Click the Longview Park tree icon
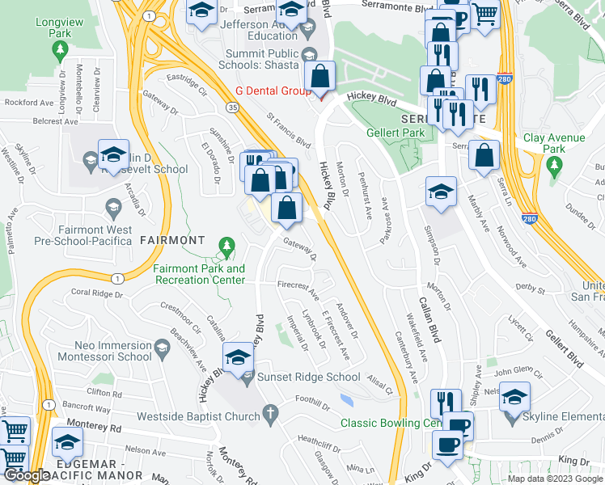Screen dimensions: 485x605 [x=59, y=50]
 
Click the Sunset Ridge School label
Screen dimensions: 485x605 [x=308, y=377]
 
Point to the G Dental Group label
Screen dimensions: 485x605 [x=273, y=91]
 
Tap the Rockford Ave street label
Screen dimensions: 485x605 [x=28, y=103]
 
